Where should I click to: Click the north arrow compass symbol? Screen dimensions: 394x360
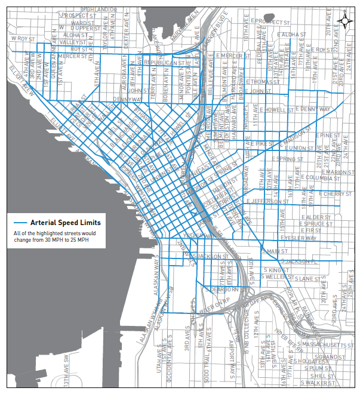pyautogui.click(x=345, y=20)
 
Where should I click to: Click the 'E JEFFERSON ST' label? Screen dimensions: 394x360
pyautogui.click(x=267, y=202)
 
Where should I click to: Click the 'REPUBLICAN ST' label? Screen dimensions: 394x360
pyautogui.click(x=158, y=62)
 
